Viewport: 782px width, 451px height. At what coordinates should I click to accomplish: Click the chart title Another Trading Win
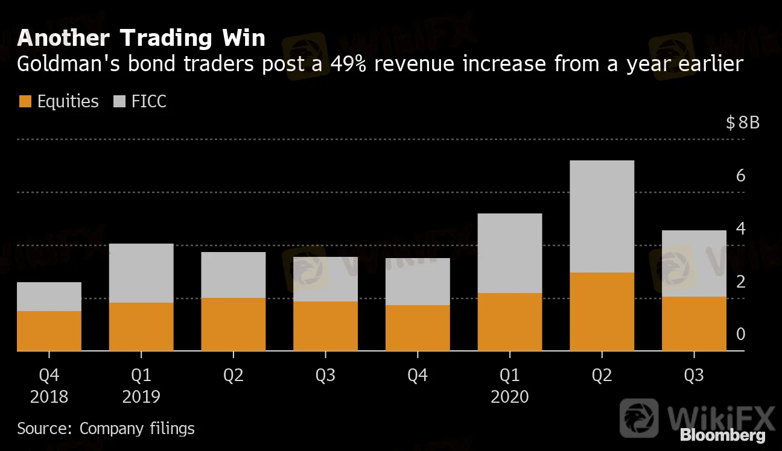pyautogui.click(x=141, y=38)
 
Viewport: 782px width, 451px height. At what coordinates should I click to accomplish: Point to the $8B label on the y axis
pyautogui.click(x=743, y=123)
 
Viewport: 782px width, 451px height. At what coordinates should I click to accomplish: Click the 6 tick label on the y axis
pyautogui.click(x=741, y=176)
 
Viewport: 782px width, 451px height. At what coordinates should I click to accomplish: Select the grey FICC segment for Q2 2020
pyautogui.click(x=602, y=216)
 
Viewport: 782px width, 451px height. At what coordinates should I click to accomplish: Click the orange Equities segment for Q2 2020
pyautogui.click(x=602, y=312)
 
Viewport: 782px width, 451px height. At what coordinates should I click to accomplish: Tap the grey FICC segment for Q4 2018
pyautogui.click(x=49, y=297)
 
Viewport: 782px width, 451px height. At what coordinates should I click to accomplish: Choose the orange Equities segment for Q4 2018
pyautogui.click(x=49, y=331)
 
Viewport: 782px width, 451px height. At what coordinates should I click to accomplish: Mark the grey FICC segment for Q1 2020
pyautogui.click(x=509, y=253)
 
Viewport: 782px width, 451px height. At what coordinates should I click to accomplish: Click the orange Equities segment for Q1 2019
pyautogui.click(x=141, y=327)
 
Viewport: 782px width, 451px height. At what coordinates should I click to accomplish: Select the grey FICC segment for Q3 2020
pyautogui.click(x=694, y=263)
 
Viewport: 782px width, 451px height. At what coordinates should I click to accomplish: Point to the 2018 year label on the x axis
pyautogui.click(x=49, y=397)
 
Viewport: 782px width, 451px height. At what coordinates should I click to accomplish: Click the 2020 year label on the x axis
pyautogui.click(x=509, y=397)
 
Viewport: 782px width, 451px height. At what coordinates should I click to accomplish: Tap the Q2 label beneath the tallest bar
pyautogui.click(x=602, y=376)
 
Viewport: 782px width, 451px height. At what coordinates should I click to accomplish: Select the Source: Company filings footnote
pyautogui.click(x=106, y=429)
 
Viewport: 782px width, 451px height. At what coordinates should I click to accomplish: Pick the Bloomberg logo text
pyautogui.click(x=722, y=435)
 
